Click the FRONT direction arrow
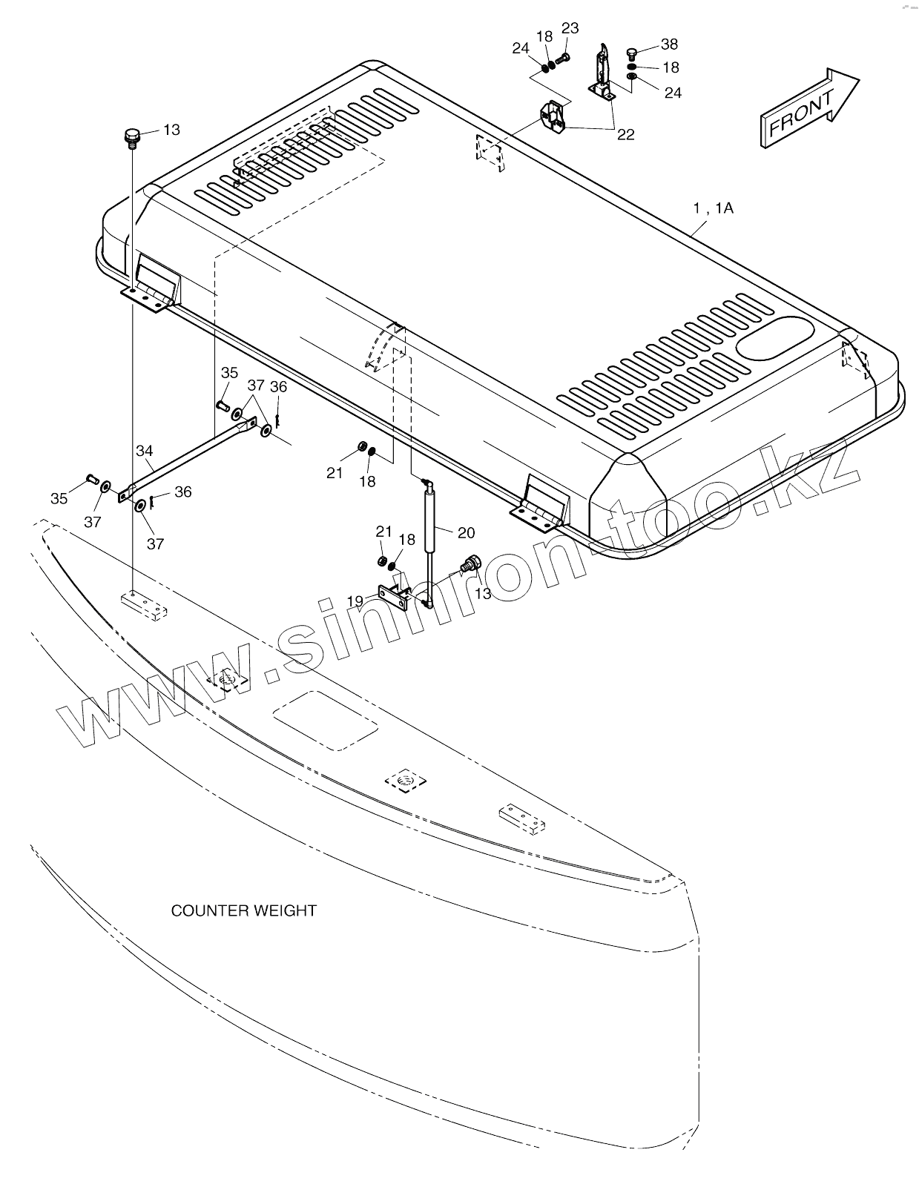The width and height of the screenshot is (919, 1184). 808,107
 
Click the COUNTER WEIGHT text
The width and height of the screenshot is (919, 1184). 243,910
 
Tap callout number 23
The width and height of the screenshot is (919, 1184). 570,28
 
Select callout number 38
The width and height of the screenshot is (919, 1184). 669,44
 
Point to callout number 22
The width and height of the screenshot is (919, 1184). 626,134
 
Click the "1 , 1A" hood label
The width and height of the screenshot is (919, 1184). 713,208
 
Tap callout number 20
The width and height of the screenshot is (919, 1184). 466,532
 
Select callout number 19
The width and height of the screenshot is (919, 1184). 355,600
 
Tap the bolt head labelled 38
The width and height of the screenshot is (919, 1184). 632,53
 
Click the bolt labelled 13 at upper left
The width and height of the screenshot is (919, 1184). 131,138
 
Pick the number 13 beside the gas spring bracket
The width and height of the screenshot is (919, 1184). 483,594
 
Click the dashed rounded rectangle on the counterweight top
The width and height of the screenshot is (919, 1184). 325,718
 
